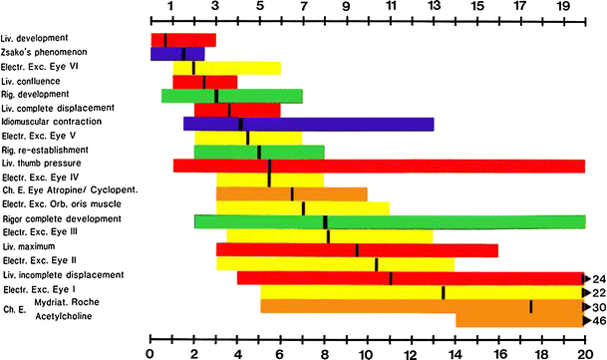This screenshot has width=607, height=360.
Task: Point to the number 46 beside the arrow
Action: point(599,320)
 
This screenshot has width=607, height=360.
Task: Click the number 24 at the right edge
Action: point(599,278)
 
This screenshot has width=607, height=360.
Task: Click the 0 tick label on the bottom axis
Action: point(150,352)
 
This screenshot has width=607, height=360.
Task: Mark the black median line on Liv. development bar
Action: point(165,40)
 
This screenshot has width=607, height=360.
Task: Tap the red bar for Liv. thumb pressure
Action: point(379,166)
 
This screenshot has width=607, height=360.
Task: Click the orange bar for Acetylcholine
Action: point(519,320)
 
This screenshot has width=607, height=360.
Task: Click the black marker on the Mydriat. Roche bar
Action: point(531,306)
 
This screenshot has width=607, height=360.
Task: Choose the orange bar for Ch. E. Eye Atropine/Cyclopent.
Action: point(291,193)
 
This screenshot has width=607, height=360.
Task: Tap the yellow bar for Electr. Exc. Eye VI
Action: point(237,68)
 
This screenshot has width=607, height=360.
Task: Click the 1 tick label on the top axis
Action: point(170,8)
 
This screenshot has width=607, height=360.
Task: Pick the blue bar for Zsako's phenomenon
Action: point(177,54)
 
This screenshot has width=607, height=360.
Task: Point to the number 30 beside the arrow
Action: point(599,306)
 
